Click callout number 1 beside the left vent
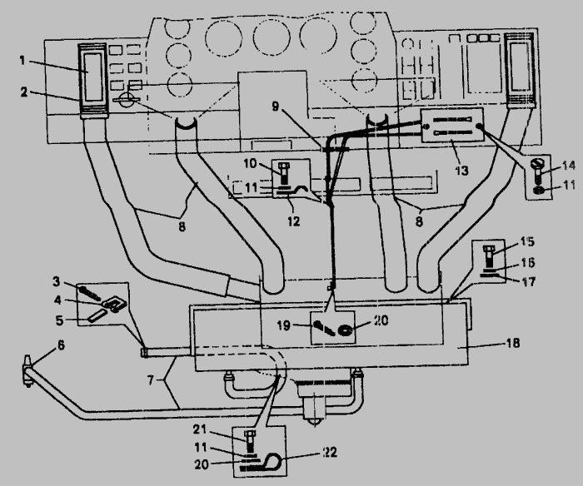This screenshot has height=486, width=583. [x=22, y=61]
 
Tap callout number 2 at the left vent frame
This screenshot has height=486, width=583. [x=24, y=92]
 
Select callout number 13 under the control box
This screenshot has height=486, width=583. [x=461, y=171]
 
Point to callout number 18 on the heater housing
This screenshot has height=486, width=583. [x=513, y=343]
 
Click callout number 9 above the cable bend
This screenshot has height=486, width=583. [x=275, y=107]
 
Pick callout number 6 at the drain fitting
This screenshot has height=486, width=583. [x=61, y=345]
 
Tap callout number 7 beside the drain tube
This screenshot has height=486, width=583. [x=150, y=380]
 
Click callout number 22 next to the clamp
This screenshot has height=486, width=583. [x=330, y=452]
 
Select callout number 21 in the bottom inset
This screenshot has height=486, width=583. [x=199, y=429]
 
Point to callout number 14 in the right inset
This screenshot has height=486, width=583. [x=569, y=166]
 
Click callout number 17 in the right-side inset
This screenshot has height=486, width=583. [x=529, y=281]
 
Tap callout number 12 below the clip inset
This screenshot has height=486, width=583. [x=293, y=221]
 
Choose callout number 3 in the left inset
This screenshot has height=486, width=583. [x=56, y=281]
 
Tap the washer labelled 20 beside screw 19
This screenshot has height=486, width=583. [x=345, y=330]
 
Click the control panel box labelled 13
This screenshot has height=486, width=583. [x=452, y=125]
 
